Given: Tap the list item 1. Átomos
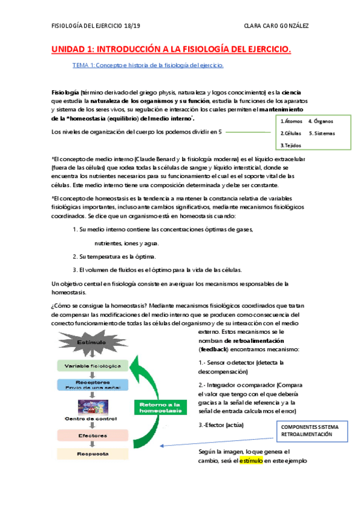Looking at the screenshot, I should [291, 121].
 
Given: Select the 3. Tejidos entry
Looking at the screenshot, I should [291, 145].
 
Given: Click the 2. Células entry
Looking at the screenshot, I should [291, 133].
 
